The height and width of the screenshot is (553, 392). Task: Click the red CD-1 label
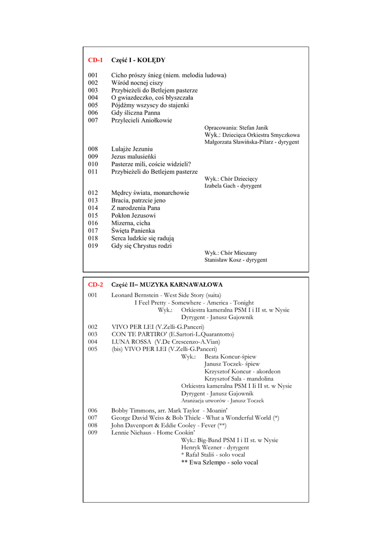pyautogui.click(x=95, y=60)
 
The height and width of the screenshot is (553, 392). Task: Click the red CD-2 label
pyautogui.click(x=95, y=285)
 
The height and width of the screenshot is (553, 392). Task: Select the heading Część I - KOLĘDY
pyautogui.click(x=138, y=60)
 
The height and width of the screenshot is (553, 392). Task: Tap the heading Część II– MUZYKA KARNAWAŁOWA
pyautogui.click(x=167, y=285)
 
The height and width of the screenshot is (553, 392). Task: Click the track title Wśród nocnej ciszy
pyautogui.click(x=137, y=83)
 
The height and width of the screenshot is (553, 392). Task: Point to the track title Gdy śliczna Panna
pyautogui.click(x=136, y=113)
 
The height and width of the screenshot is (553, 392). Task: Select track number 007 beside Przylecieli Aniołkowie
pyautogui.click(x=93, y=120)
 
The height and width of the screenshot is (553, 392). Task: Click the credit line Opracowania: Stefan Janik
pyautogui.click(x=236, y=128)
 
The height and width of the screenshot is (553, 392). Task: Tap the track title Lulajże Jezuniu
pyautogui.click(x=132, y=149)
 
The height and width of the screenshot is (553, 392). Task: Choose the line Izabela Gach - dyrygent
pyautogui.click(x=233, y=186)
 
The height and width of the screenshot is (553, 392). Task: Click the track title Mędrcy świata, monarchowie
pyautogui.click(x=150, y=193)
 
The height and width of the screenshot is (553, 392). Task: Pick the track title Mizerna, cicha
pyautogui.click(x=131, y=223)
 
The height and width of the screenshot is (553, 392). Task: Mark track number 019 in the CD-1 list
pyautogui.click(x=93, y=246)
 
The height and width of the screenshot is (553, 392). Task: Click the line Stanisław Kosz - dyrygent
pyautogui.click(x=236, y=260)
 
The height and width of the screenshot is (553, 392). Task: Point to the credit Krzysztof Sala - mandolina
pyautogui.click(x=239, y=379)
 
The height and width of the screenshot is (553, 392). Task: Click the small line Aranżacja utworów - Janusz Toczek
pyautogui.click(x=223, y=401)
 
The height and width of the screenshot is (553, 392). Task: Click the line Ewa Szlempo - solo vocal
pyautogui.click(x=220, y=462)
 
